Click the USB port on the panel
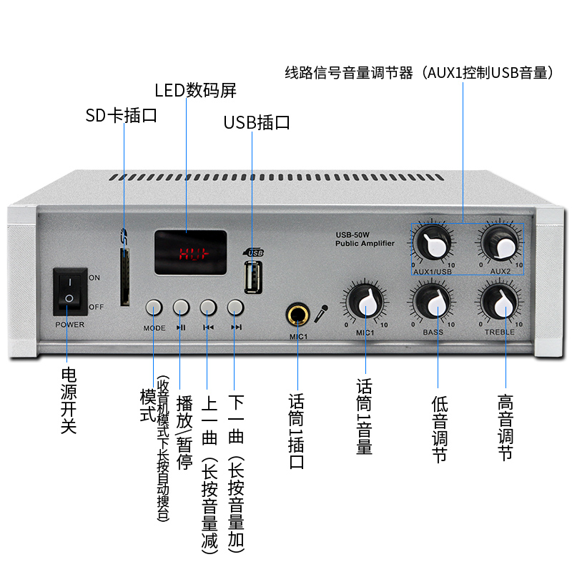(x=252, y=277)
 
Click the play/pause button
(x=181, y=307)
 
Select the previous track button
(x=208, y=307)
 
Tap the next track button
(x=235, y=307)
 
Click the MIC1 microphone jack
(x=297, y=313)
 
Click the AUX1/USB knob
(x=433, y=245)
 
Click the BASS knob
(x=433, y=304)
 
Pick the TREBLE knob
(x=499, y=304)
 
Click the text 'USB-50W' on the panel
(x=352, y=235)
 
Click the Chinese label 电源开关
(x=69, y=400)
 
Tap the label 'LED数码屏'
(x=195, y=91)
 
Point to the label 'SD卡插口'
(x=121, y=115)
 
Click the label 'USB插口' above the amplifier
(x=257, y=122)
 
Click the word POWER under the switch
(x=69, y=325)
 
